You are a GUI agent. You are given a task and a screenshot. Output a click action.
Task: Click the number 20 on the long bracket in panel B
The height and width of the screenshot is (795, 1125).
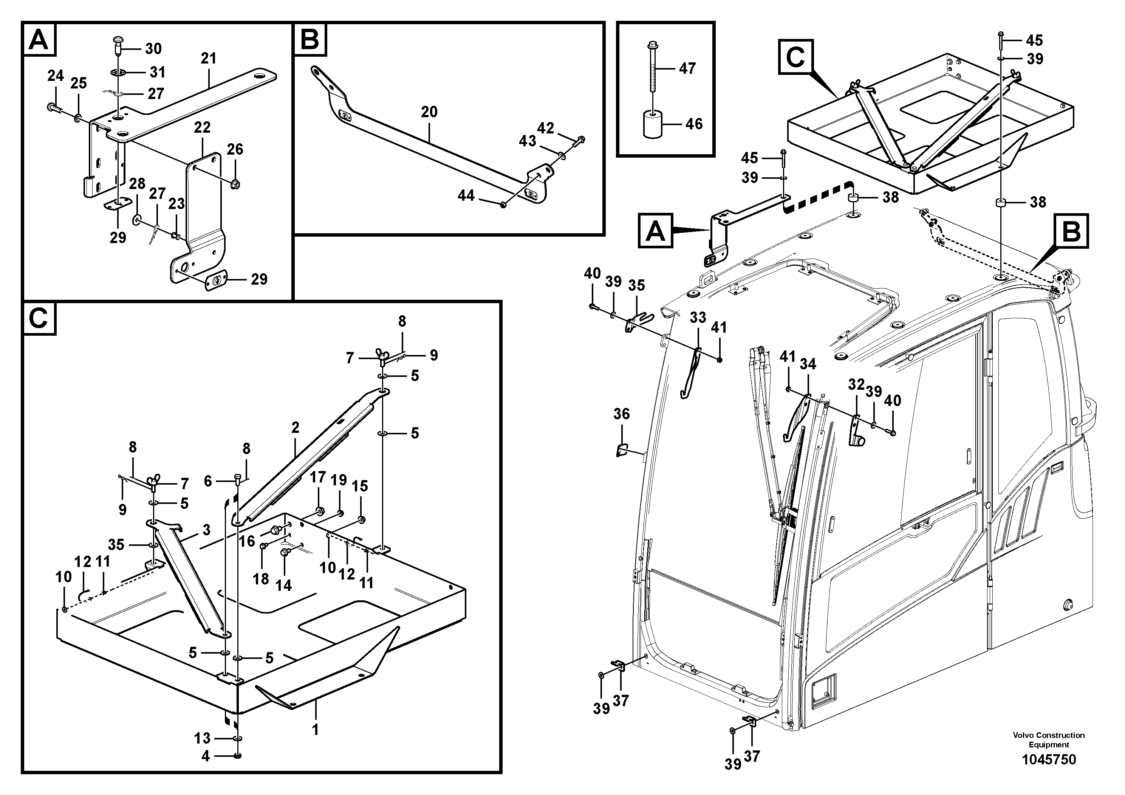pyautogui.click(x=429, y=112)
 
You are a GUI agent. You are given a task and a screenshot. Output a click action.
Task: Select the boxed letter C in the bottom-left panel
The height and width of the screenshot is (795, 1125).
pyautogui.click(x=38, y=319)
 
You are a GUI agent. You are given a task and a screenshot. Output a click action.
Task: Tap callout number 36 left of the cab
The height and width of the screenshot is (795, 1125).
pyautogui.click(x=621, y=414)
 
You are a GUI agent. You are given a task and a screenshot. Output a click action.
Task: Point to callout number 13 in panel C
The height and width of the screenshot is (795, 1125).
pyautogui.click(x=202, y=738)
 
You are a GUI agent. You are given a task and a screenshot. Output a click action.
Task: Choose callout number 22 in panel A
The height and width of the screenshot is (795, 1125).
pyautogui.click(x=202, y=127)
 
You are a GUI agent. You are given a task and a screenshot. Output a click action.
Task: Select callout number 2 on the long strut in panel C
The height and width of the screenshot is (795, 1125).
pyautogui.click(x=295, y=428)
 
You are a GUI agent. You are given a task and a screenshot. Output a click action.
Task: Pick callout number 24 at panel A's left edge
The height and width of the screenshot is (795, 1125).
pyautogui.click(x=56, y=76)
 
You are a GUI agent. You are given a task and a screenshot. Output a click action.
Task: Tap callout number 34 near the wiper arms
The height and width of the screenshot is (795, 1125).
pyautogui.click(x=808, y=364)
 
